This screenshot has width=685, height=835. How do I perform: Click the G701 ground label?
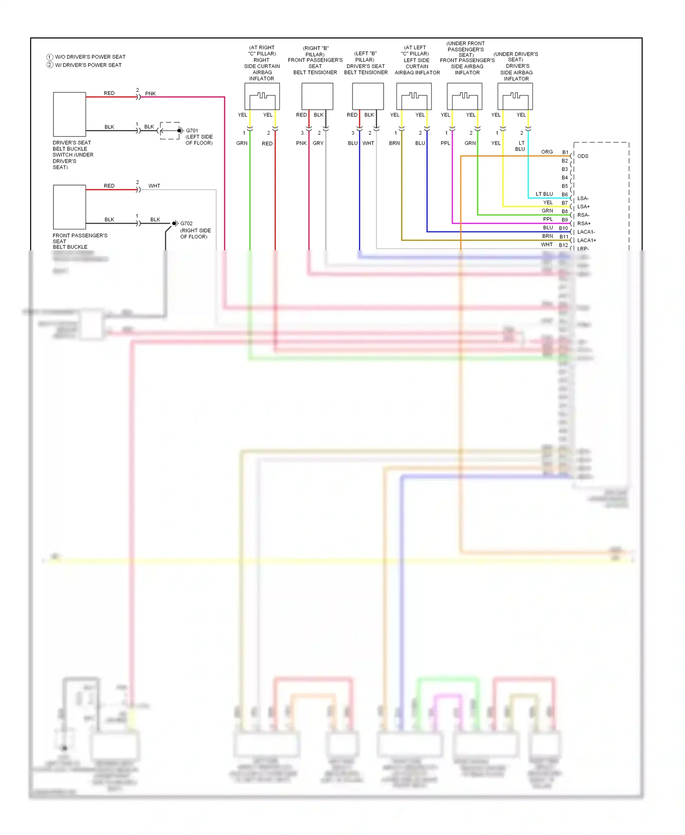192,131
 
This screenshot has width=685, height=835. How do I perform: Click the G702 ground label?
186,223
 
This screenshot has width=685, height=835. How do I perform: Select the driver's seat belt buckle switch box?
69,114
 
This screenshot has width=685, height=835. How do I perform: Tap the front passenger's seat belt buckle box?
69,207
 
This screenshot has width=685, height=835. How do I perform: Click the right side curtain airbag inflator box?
262,96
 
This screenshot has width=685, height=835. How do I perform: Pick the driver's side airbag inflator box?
515,96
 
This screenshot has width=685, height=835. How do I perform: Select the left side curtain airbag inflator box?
414,96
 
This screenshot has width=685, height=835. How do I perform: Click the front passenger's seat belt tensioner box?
317,96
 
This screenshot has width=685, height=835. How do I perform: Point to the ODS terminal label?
583,156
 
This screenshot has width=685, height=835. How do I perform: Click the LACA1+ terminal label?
586,240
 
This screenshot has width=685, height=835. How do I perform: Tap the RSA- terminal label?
583,215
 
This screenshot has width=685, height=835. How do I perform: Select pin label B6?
565,195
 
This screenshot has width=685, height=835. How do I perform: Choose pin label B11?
564,237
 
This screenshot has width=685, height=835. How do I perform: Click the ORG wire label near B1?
547,152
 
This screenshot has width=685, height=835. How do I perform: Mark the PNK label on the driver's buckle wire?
150,94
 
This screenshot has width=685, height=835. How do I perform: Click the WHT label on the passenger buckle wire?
154,186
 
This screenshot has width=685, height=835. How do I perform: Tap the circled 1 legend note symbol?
50,57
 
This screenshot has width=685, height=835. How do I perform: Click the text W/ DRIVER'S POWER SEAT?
88,65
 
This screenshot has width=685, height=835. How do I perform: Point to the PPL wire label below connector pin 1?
445,143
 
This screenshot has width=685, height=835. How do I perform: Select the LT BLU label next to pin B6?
544,194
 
